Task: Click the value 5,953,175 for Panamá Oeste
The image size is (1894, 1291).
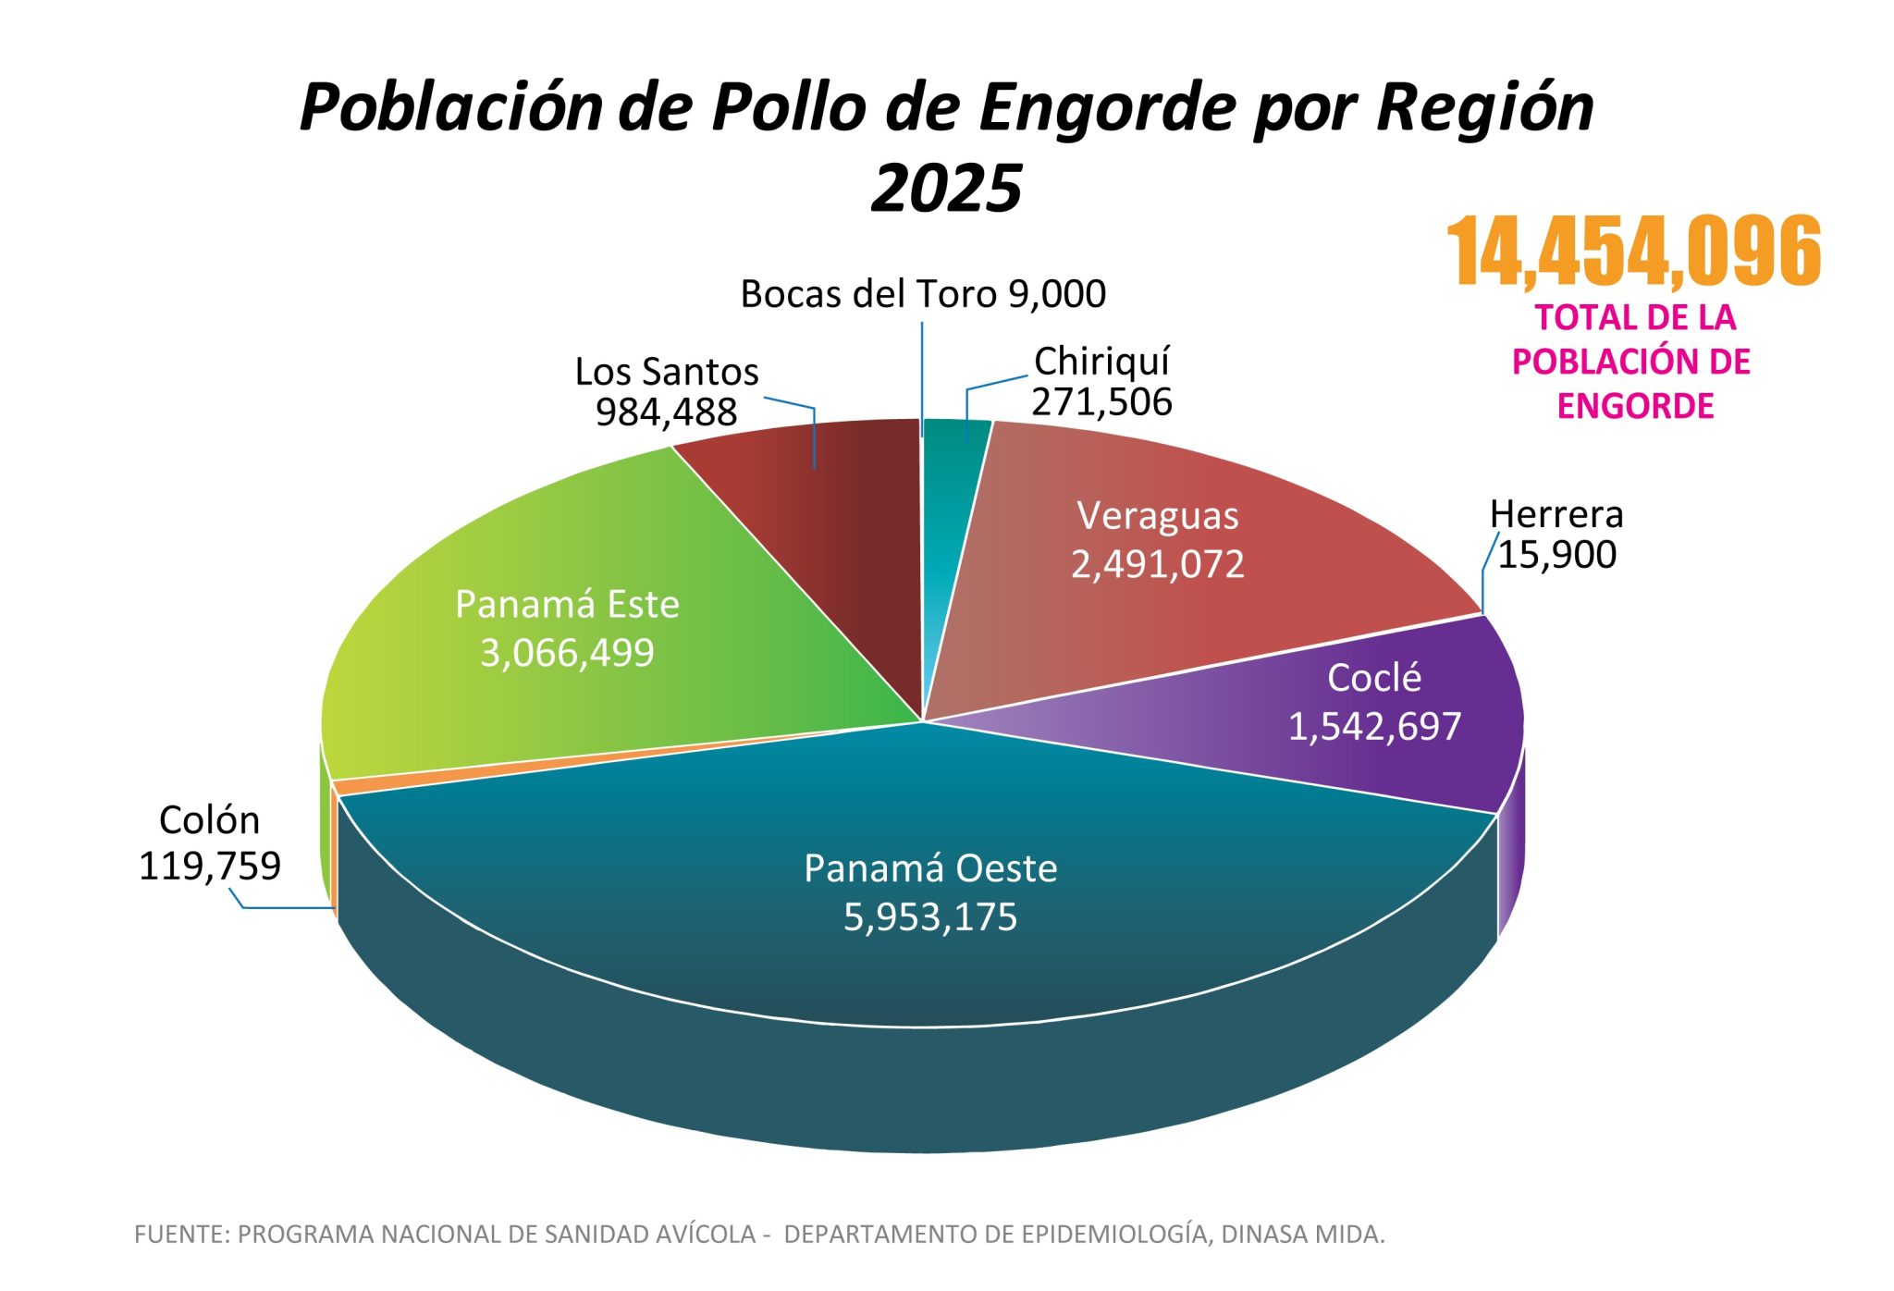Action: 930,917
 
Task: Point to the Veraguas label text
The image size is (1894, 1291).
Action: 1157,516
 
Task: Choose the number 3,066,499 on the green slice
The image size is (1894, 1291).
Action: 567,653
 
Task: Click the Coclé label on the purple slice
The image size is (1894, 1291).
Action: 1373,678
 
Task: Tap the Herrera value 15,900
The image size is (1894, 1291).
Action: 1556,555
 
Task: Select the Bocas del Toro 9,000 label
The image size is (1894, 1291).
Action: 923,294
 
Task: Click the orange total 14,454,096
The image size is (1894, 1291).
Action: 1633,252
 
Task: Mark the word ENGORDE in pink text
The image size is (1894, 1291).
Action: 1635,406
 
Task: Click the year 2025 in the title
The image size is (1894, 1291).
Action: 946,189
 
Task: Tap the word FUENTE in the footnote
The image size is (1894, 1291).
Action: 180,1235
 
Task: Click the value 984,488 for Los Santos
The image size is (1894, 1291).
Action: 666,412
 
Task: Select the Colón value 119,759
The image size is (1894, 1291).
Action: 210,866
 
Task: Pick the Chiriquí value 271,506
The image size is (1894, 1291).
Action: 1101,402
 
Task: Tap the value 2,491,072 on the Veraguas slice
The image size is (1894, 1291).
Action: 1157,564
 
